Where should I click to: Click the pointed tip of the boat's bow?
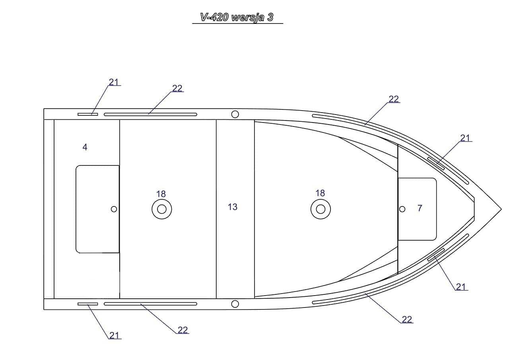(x=501, y=209)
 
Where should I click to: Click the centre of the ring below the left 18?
(x=161, y=209)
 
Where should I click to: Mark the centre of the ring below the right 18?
(x=321, y=209)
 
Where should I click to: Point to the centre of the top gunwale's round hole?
(x=235, y=114)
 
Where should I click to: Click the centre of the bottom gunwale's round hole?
(x=235, y=304)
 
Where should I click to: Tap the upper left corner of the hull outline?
(x=44, y=109)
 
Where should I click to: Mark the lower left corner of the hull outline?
(x=44, y=309)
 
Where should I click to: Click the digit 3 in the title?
(x=270, y=17)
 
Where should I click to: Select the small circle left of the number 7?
(x=402, y=209)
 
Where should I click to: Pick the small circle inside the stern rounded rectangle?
(x=114, y=209)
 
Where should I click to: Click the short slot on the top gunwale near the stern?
(x=88, y=114)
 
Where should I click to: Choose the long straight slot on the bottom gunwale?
(x=150, y=304)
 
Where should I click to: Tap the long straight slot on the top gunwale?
(x=150, y=114)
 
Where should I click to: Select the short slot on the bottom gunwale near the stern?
(x=88, y=304)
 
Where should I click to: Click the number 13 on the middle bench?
(x=233, y=207)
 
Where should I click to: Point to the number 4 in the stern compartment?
(x=85, y=147)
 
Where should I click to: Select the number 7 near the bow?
(x=420, y=208)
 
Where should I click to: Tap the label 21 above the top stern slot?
(x=114, y=82)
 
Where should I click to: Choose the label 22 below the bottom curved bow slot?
(x=407, y=319)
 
